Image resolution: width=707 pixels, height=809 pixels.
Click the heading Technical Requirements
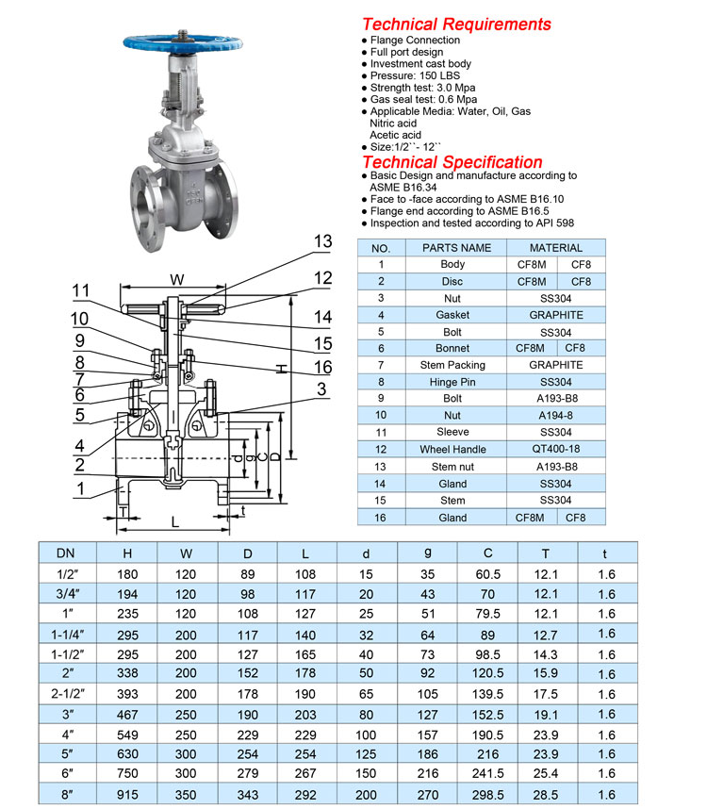(x=456, y=25)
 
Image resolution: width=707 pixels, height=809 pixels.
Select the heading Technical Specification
(x=452, y=162)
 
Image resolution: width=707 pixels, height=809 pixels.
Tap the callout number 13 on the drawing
(x=322, y=242)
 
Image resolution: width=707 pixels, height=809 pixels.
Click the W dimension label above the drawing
(x=176, y=279)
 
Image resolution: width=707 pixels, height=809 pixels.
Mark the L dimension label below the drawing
(x=175, y=521)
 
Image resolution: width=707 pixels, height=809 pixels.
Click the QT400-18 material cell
(x=555, y=450)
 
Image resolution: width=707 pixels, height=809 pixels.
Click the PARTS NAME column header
(x=456, y=248)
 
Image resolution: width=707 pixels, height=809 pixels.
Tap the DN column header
(x=66, y=553)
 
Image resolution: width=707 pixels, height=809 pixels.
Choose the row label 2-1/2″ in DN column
(x=66, y=694)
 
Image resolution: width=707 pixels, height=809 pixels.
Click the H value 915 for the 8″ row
(x=126, y=795)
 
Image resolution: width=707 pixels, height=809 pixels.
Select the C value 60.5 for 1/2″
(x=487, y=574)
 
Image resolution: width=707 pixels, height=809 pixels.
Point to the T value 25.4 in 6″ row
(x=547, y=774)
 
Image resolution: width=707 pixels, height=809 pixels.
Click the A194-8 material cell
(x=555, y=415)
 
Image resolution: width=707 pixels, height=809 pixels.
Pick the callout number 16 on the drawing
(x=322, y=368)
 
